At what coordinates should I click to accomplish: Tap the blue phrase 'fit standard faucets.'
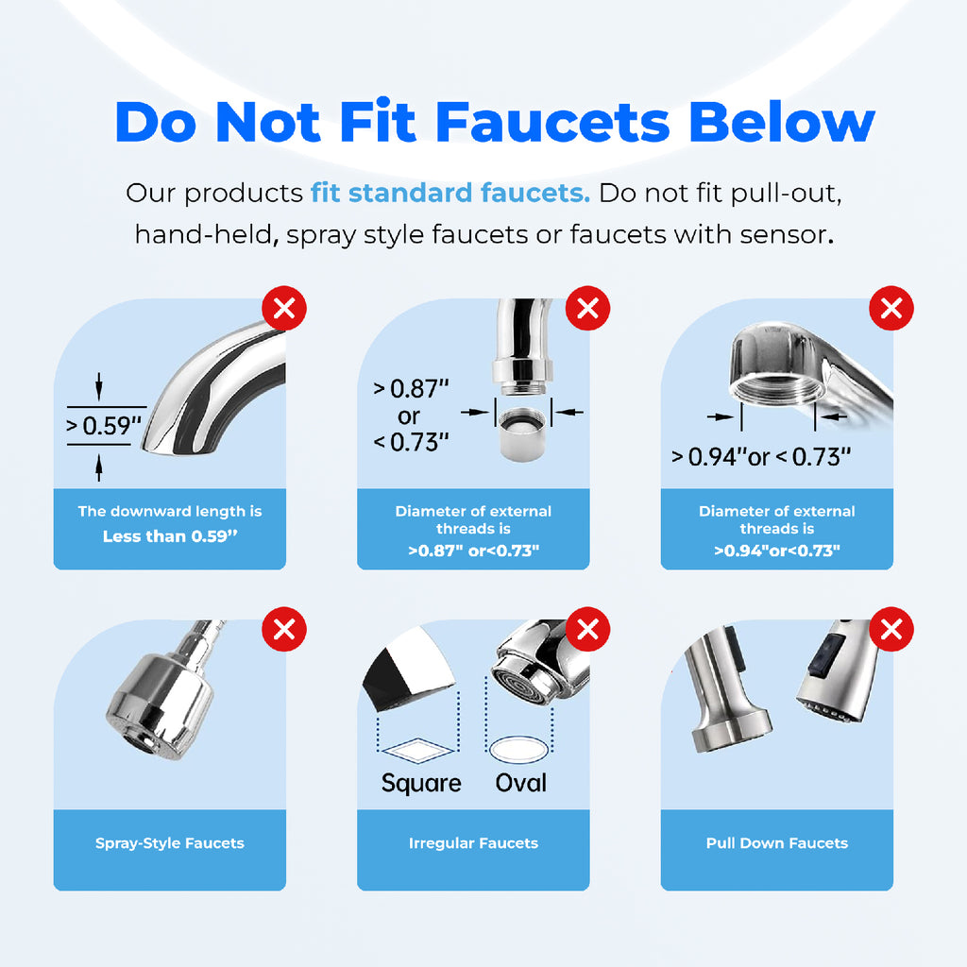click(450, 194)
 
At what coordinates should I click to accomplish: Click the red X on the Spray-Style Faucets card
click(284, 629)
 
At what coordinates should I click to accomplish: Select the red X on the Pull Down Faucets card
click(891, 629)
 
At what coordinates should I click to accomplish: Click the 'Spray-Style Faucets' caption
click(170, 843)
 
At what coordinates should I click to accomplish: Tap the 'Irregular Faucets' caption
click(473, 843)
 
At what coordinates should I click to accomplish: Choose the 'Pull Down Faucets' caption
click(777, 843)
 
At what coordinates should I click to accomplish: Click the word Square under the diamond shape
click(421, 783)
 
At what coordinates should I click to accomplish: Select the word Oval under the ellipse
click(521, 783)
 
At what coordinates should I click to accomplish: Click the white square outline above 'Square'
click(420, 752)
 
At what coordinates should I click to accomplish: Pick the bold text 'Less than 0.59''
click(170, 536)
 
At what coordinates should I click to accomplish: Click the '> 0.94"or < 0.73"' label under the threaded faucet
click(761, 457)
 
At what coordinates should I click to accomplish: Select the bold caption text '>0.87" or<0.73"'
click(473, 551)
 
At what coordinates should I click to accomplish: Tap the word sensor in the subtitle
click(780, 233)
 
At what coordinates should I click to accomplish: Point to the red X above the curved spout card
click(284, 308)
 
